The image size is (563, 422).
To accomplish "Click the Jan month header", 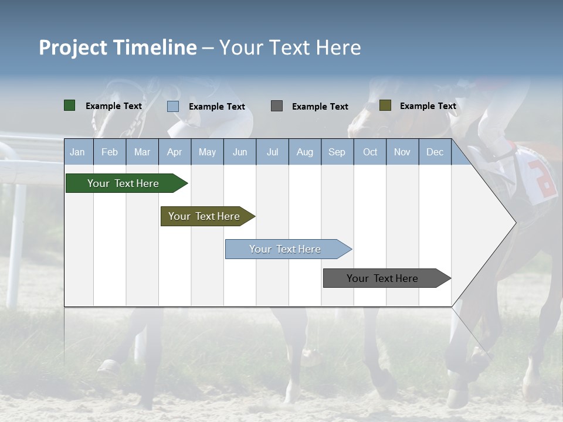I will tap(77, 152).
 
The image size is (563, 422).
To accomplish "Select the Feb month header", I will tap(110, 152).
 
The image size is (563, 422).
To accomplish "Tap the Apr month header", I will tap(174, 152).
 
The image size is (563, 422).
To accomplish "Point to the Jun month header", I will tap(240, 152).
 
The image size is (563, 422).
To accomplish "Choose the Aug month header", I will tap(304, 152).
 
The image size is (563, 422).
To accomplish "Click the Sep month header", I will tap(337, 152).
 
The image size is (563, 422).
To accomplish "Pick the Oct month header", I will tap(370, 152).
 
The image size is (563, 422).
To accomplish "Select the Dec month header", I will tap(435, 152).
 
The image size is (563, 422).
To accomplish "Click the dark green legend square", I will tap(70, 105).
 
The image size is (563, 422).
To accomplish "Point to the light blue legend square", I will tap(173, 106).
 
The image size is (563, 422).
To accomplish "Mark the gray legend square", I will tap(277, 105).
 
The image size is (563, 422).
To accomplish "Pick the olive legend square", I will tap(385, 105).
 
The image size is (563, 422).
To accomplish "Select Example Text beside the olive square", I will tap(428, 106).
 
